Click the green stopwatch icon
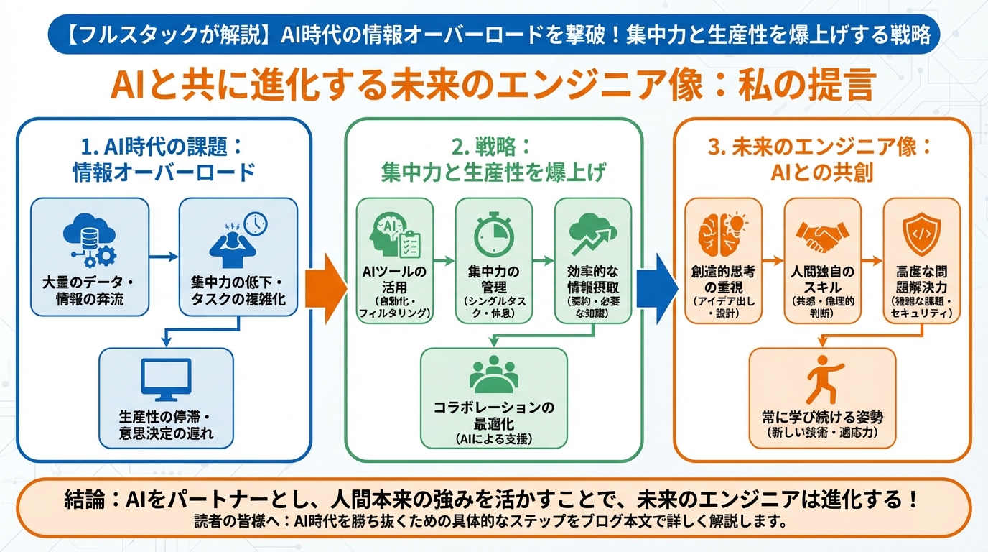pos(493,234)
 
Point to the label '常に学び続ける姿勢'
pos(822,417)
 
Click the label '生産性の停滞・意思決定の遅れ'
pos(166,425)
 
